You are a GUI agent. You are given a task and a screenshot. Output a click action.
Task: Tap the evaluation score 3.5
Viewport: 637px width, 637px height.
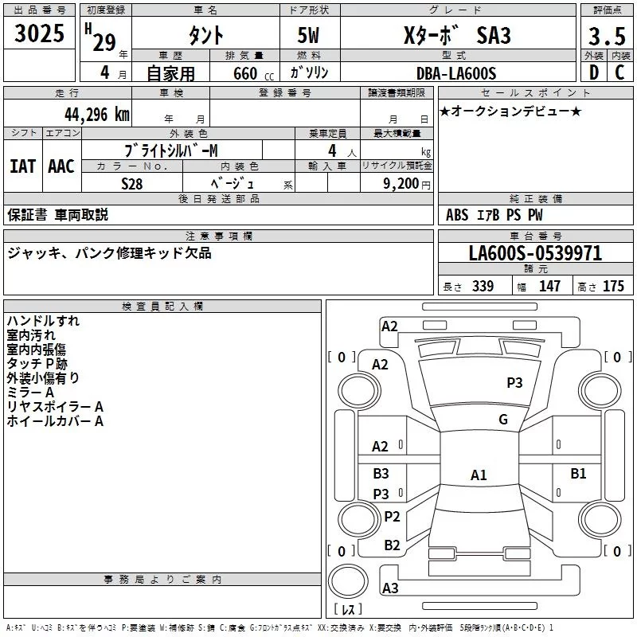pos(605,37)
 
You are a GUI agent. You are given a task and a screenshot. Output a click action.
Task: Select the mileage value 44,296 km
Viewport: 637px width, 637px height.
pos(96,114)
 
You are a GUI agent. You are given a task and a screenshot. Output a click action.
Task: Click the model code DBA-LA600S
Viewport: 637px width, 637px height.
pos(455,73)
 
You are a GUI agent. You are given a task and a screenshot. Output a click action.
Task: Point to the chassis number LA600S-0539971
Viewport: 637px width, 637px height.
pos(535,254)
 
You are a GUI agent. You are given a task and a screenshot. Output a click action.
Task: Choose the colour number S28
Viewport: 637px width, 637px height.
pos(131,183)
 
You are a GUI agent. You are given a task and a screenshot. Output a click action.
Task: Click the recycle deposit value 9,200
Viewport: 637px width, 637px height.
pos(401,183)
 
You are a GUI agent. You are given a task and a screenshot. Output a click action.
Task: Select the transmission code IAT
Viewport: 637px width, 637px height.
pos(23,166)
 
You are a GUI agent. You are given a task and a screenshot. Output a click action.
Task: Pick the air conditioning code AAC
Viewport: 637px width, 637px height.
pos(61,166)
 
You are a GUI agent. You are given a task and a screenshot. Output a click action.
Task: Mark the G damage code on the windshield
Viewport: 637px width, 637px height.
pos(502,420)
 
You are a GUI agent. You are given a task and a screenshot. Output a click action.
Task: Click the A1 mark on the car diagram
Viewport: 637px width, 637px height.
pos(478,475)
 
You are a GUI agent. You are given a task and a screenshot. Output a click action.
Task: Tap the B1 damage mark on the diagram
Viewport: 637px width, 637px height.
pos(578,474)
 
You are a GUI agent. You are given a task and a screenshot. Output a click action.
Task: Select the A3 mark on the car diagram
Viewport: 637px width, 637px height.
pos(390,588)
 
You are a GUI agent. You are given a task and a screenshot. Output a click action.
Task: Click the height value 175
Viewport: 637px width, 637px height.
pos(613,287)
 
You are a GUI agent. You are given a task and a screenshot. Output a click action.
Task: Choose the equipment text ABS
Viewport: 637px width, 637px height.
pos(457,215)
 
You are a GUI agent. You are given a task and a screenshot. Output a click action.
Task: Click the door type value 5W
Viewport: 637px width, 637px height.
pos(310,36)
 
